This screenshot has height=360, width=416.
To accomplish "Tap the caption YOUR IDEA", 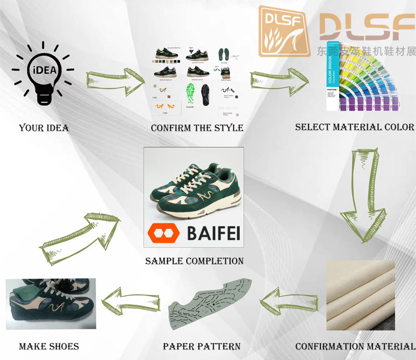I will [44, 127].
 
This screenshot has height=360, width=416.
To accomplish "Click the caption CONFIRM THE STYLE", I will [197, 127].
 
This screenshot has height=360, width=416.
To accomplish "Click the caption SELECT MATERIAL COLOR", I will [354, 127].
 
